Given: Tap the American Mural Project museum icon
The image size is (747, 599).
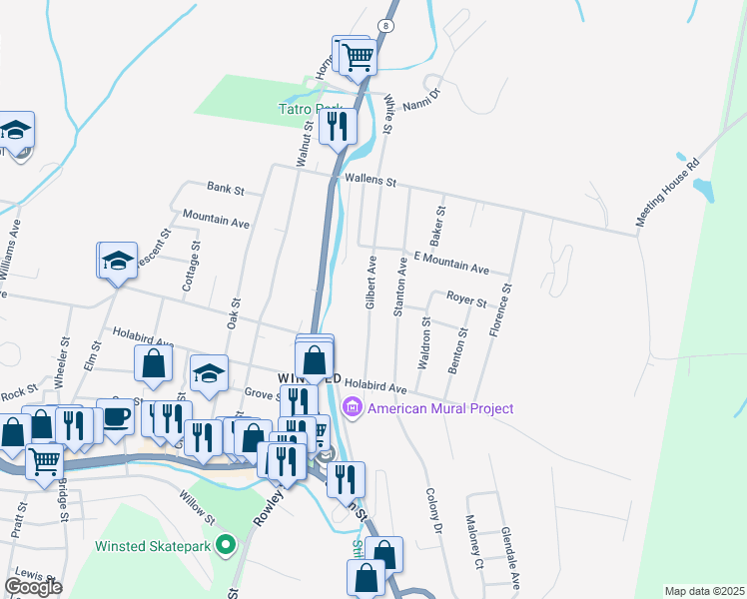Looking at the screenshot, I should pyautogui.click(x=352, y=408).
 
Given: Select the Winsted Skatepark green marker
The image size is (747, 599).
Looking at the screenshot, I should pyautogui.click(x=227, y=546).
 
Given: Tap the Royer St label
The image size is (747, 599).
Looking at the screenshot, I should pyautogui.click(x=466, y=299).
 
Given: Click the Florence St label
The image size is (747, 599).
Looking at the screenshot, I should pyautogui.click(x=498, y=310).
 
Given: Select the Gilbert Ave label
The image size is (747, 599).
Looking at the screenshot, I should pyautogui.click(x=370, y=283).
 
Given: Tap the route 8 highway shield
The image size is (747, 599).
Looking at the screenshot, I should pyautogui.click(x=384, y=24).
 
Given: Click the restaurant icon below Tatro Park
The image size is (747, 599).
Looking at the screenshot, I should pyautogui.click(x=339, y=126).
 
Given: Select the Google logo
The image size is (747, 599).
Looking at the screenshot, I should pyautogui.click(x=34, y=587).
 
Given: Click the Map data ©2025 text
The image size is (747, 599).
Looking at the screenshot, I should pyautogui.click(x=705, y=591).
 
